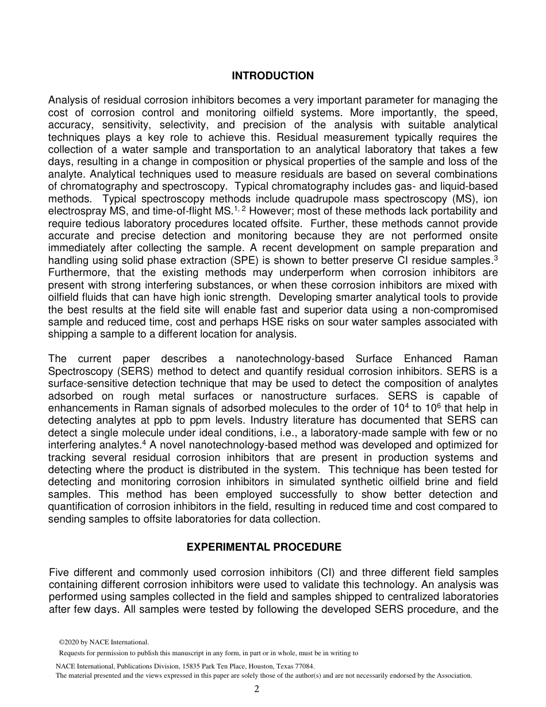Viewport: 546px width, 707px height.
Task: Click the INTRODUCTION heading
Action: pyautogui.click(x=272, y=76)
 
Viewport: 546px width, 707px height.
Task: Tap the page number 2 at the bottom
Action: pyautogui.click(x=257, y=689)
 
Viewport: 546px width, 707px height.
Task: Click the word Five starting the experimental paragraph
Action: pyautogui.click(x=60, y=572)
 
